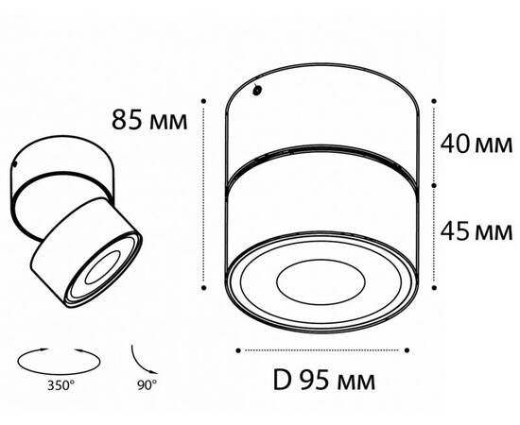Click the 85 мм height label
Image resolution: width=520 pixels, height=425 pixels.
point(144,121)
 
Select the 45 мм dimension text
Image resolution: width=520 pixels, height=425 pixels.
point(476,230)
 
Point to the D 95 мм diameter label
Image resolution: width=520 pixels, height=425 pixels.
point(323,382)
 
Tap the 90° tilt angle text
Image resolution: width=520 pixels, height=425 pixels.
point(147,385)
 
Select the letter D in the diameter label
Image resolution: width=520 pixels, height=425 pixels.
point(280,382)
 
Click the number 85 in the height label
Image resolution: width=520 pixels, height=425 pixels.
point(128,121)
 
